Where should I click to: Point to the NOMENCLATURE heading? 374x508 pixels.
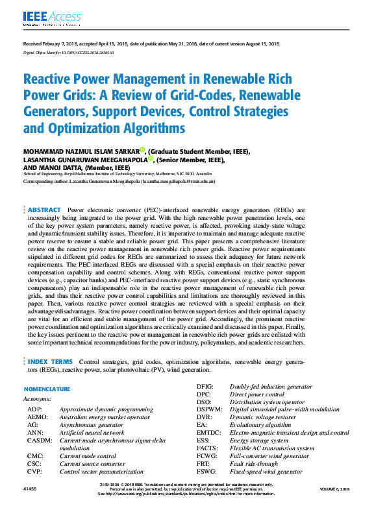tap(47, 389)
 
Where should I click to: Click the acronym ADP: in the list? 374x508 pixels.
tap(36, 410)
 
